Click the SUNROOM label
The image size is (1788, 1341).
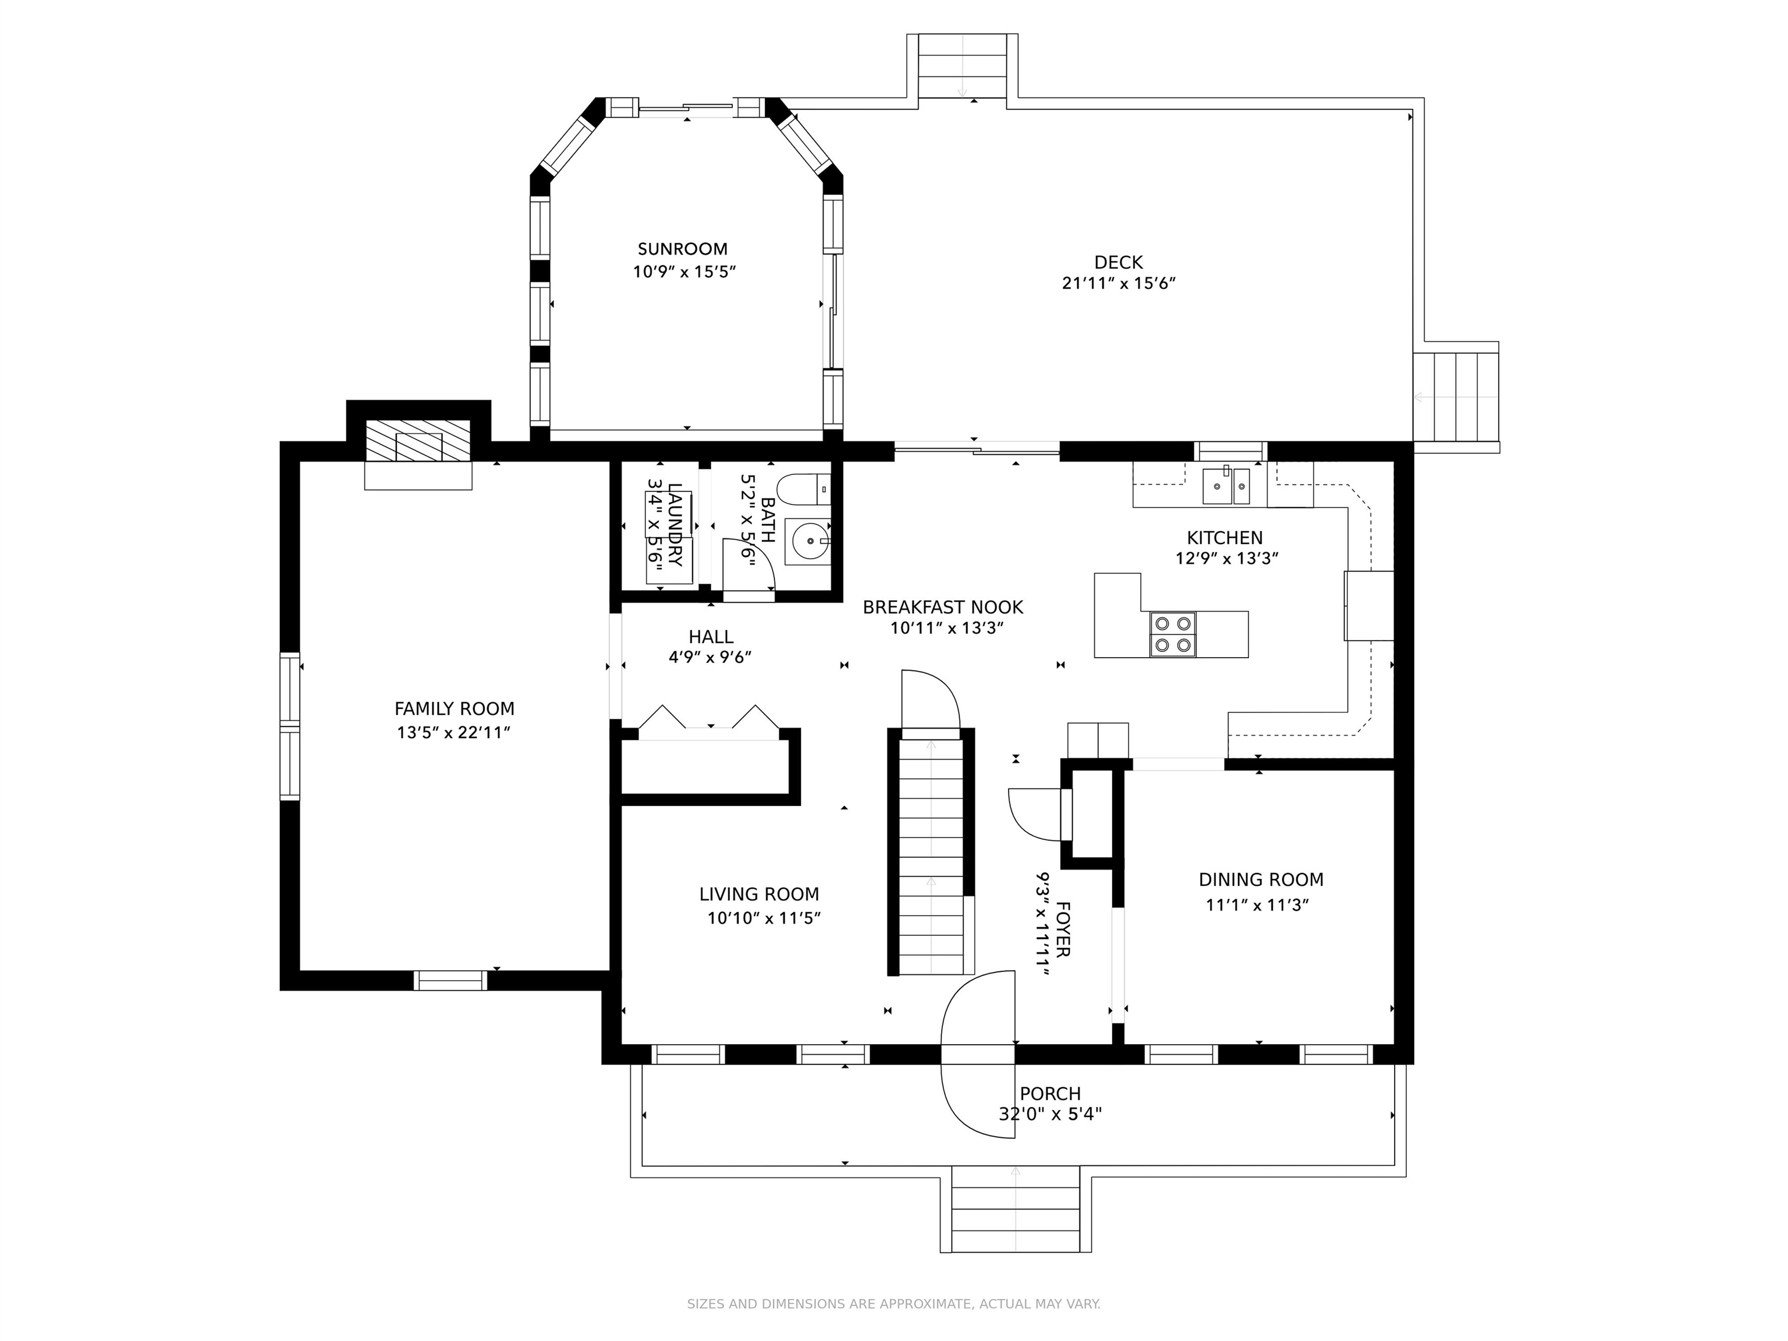click(682, 249)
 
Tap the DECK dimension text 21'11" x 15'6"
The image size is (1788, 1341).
click(1118, 283)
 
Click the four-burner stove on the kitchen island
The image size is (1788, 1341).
click(1173, 634)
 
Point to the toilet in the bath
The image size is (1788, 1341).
click(803, 489)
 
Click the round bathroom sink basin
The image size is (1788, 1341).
click(809, 539)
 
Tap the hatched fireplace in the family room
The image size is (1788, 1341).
click(418, 441)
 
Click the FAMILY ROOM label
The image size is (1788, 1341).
click(454, 709)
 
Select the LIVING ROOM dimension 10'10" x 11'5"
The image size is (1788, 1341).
click(764, 918)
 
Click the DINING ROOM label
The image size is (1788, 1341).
click(1261, 879)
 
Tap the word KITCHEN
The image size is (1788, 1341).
click(1225, 538)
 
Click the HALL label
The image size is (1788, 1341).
click(711, 637)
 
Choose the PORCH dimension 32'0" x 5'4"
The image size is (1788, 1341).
click(1050, 1114)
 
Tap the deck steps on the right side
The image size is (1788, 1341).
click(1457, 396)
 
